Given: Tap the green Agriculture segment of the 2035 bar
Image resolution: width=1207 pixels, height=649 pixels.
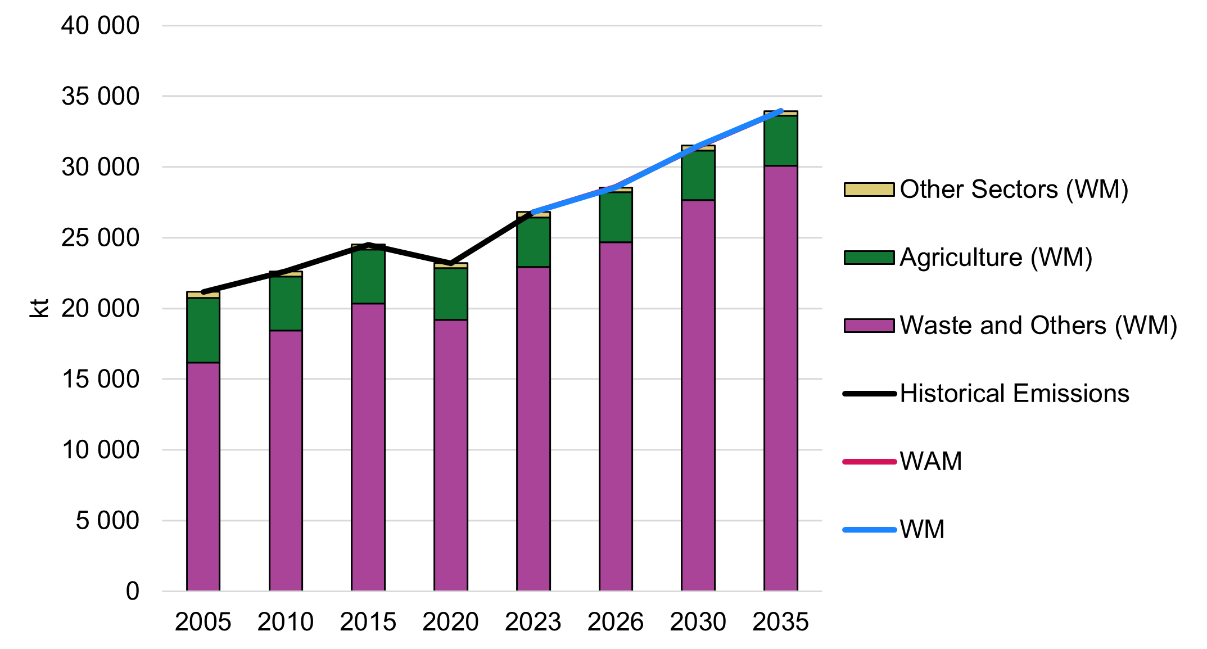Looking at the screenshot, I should pos(780,141).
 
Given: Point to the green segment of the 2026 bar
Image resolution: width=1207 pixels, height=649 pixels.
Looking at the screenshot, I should pos(616,217).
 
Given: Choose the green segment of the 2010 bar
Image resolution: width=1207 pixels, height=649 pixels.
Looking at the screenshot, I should pos(286,303).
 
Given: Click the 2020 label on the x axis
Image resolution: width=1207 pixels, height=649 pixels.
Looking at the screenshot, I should pos(450,622).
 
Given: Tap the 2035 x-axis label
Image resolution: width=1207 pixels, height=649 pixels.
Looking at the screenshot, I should pos(780,622).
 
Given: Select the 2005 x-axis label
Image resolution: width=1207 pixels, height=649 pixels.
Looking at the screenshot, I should pos(203,622).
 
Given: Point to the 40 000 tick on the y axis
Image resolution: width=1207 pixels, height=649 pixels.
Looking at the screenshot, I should pos(100,26).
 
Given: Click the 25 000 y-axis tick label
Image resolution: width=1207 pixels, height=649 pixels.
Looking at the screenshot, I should pos(100,238).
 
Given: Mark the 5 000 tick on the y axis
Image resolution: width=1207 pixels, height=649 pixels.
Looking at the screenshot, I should pos(107,521).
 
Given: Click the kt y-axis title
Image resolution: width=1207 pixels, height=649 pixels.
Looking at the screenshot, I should pos(39,308).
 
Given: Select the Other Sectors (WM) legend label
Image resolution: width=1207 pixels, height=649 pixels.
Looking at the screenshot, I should pos(1014,190).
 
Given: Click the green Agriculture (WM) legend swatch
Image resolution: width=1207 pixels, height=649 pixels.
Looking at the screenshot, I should pos(869,258).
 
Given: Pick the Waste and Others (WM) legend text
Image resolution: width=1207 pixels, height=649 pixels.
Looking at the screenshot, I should pos(1038,326).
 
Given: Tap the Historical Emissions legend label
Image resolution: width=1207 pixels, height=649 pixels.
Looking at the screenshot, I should pos(1014,394).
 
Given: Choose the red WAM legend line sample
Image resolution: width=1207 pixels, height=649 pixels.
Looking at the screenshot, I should pos(869,462).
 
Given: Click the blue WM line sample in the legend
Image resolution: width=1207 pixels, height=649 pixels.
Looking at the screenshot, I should pos(869,530).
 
